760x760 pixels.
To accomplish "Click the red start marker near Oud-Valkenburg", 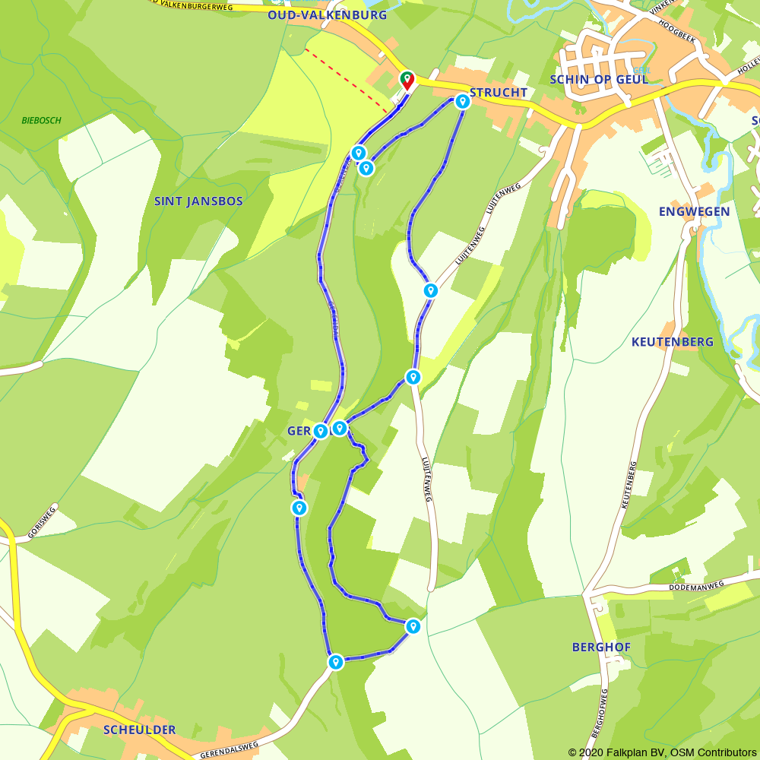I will pos(407,80).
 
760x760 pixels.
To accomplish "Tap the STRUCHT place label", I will pos(499,93).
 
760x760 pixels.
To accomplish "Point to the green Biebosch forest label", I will pos(41,121).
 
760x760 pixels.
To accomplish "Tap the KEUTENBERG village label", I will pos(673,342).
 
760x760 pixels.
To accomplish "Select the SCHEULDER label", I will pos(139,730).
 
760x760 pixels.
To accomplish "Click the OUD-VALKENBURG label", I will pos(327,15).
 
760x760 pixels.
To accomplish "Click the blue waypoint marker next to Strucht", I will pos(462,101).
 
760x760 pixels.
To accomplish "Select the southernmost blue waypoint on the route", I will pos(335,662).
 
